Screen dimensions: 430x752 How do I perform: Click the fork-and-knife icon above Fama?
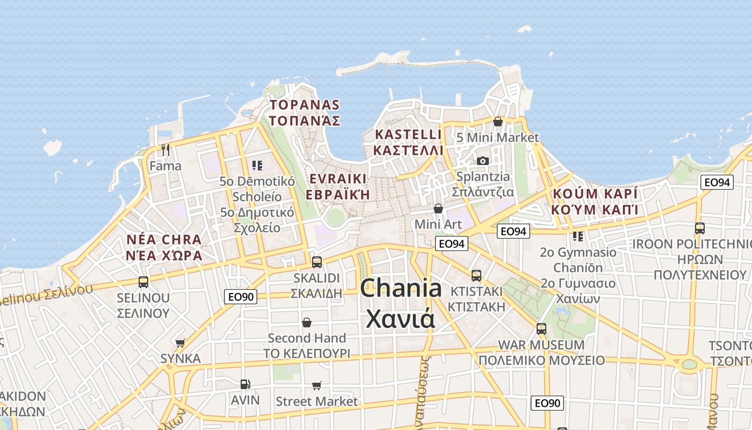[165, 150]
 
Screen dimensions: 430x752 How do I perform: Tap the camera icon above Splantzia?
[483, 161]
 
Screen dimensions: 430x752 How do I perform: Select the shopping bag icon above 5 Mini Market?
[498, 121]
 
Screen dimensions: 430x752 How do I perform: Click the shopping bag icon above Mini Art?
[438, 209]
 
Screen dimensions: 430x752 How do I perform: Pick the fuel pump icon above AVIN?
[245, 384]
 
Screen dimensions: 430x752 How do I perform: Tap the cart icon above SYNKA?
[180, 343]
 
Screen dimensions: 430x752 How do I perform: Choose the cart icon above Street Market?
[317, 385]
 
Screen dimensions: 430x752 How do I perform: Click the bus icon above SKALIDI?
[317, 262]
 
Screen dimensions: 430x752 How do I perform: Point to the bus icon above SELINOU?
[143, 282]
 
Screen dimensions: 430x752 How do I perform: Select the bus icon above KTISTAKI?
[476, 276]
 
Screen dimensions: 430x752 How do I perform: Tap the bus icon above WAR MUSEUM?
[541, 328]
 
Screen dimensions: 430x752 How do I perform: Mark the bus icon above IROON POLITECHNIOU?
[700, 228]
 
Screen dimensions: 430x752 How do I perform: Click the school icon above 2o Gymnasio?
[578, 236]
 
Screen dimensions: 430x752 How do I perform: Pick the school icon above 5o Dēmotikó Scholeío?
[257, 166]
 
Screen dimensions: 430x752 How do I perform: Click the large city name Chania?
[401, 289]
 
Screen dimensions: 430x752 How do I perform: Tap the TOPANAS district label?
[305, 105]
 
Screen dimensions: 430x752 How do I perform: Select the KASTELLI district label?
[408, 134]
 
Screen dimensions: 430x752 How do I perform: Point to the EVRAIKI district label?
[338, 179]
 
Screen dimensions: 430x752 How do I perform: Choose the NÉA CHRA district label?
[164, 240]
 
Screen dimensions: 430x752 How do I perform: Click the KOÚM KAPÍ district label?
[595, 193]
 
